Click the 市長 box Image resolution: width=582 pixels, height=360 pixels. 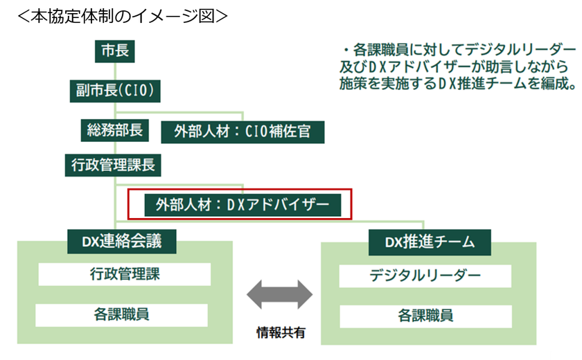pyautogui.click(x=114, y=51)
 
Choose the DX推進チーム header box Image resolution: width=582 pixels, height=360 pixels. pyautogui.click(x=430, y=242)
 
